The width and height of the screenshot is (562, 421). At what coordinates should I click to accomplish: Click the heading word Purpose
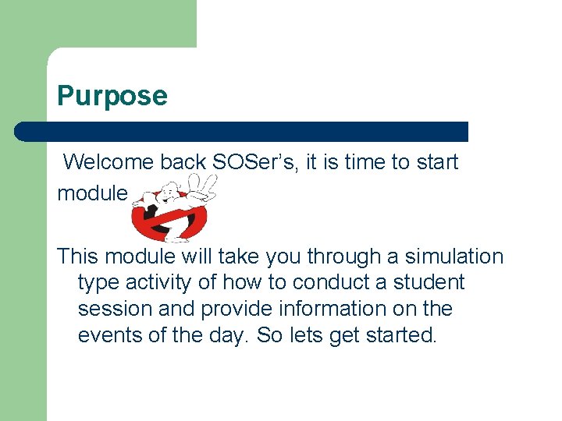tap(112, 97)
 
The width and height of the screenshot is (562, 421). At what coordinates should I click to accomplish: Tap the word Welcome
tap(108, 162)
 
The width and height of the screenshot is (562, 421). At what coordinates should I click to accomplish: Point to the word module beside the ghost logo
tap(92, 193)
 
